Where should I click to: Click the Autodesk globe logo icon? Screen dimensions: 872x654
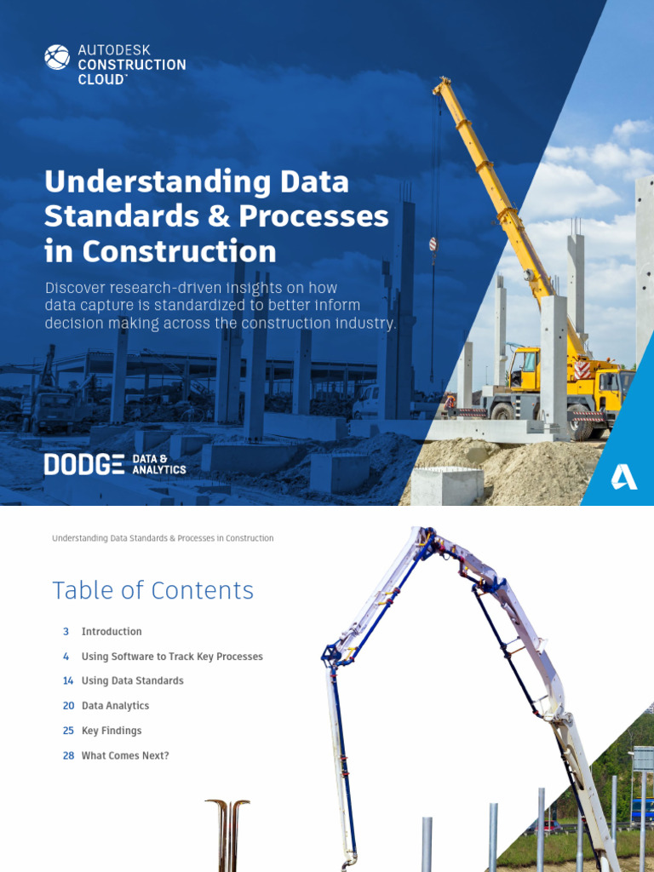(57, 57)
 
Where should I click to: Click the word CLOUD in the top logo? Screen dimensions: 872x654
(102, 79)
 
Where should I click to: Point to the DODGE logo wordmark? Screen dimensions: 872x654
(83, 464)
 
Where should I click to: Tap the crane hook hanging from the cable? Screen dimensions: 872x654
(433, 244)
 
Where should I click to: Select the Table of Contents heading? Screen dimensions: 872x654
(152, 590)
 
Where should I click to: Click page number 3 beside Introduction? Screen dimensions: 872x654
(66, 632)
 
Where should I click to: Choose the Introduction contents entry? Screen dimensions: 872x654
(112, 632)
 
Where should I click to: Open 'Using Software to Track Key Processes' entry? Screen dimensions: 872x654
(172, 657)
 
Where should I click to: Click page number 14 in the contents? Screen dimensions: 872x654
(68, 681)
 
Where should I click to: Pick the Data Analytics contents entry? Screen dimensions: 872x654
(115, 706)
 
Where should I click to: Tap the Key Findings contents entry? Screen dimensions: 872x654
(112, 731)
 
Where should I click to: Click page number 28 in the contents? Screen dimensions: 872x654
(68, 755)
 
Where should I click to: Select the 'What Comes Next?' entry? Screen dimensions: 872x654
(125, 755)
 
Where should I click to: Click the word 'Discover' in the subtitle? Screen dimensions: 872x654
(74, 288)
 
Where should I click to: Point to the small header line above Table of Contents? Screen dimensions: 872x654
(163, 538)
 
